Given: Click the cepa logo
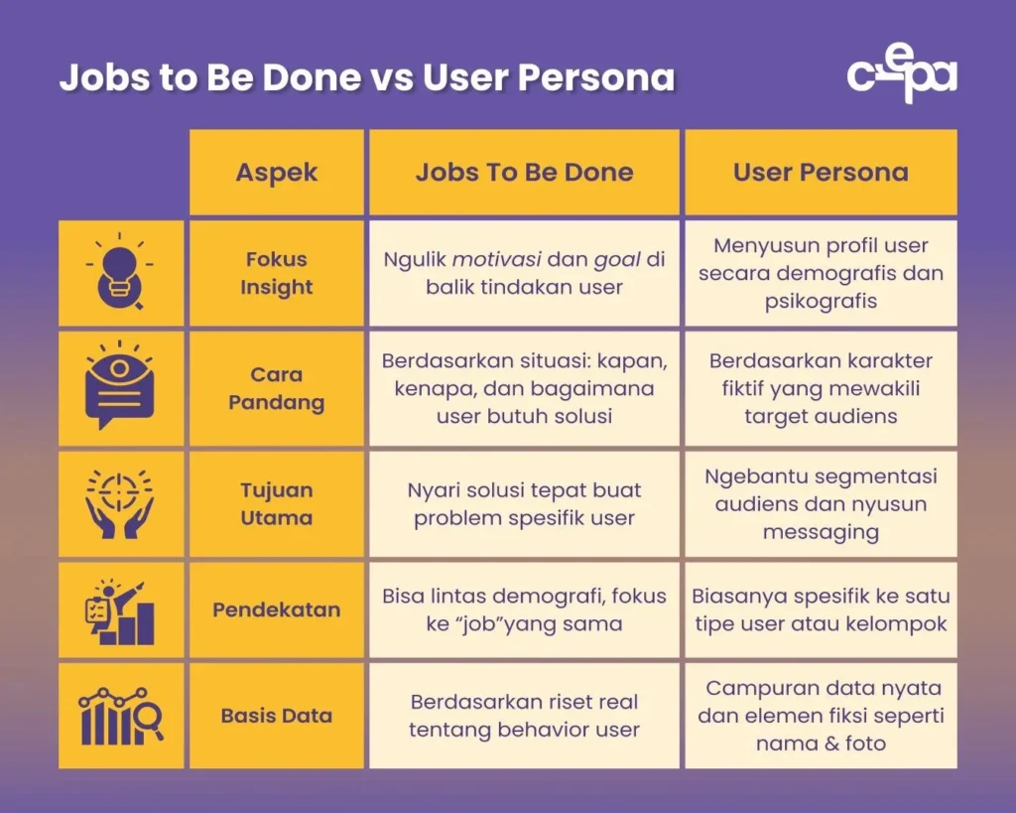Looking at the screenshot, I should click(901, 76).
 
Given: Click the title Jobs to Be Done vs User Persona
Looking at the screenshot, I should click(367, 77).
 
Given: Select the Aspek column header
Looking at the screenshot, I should click(277, 172).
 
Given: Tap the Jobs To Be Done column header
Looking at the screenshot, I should click(524, 172).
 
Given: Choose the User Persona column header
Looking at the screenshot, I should click(821, 172).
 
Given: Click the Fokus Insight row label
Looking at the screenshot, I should click(277, 273).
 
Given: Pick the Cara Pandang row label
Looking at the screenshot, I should click(277, 388).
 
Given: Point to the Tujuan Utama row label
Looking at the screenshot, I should click(277, 503).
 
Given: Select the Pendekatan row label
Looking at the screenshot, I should click(277, 610).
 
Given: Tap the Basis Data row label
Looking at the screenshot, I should click(277, 715).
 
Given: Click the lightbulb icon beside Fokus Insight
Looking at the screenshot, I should click(120, 273).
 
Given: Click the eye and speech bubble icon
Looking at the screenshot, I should click(120, 388).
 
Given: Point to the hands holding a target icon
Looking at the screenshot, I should click(120, 503).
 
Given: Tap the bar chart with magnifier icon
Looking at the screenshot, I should click(120, 716).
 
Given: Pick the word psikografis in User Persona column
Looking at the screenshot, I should click(821, 301).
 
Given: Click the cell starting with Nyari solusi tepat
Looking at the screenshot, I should click(524, 503).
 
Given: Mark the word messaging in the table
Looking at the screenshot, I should click(821, 532).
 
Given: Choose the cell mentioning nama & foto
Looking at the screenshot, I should click(821, 716).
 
